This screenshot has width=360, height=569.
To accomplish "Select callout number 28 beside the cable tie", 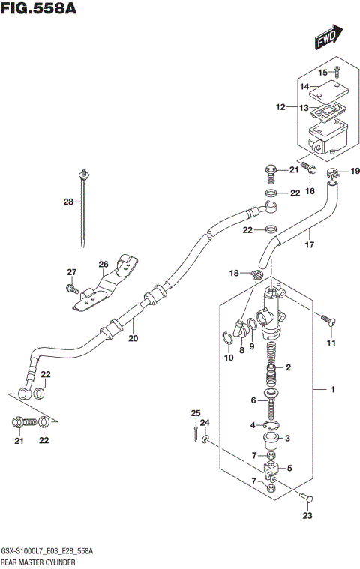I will pyautogui.click(x=68, y=202).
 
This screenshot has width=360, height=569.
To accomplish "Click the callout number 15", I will pyautogui.click(x=323, y=73).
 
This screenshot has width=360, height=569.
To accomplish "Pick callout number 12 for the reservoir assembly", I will pyautogui.click(x=280, y=108).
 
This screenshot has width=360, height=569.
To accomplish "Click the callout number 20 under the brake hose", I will pyautogui.click(x=134, y=338).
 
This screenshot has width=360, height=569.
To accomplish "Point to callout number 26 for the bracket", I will pyautogui.click(x=103, y=263).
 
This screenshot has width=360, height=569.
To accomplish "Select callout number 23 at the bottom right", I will pyautogui.click(x=306, y=515).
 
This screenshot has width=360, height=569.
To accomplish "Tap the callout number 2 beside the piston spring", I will pyautogui.click(x=287, y=368).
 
